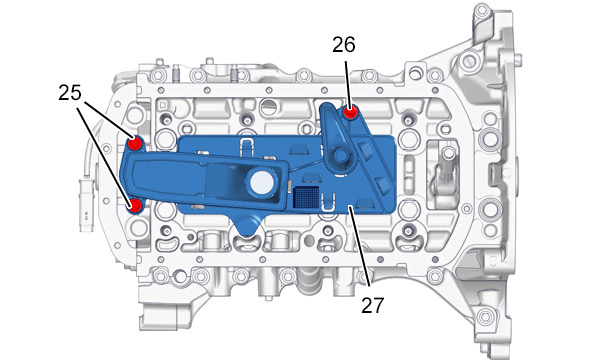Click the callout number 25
[70, 93]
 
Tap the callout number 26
[344, 45]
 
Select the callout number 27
[372, 305]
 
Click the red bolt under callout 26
[350, 113]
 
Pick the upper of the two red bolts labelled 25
[135, 143]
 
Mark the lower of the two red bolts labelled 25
[135, 205]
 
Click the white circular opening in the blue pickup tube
[262, 183]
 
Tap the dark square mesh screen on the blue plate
[306, 196]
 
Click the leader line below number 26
[347, 83]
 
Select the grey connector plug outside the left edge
[85, 204]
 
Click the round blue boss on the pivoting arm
[340, 156]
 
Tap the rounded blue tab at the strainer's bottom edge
[246, 227]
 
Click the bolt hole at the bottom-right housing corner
[485, 316]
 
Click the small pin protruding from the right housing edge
[519, 60]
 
